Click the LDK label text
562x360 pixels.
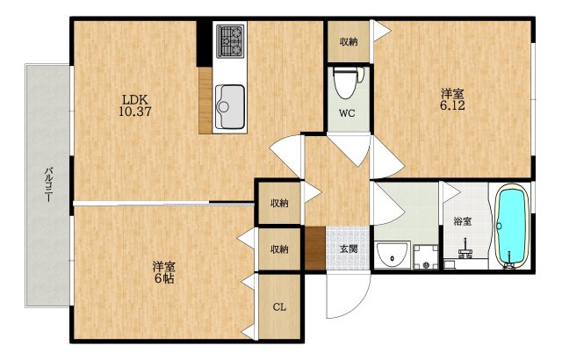(134, 99)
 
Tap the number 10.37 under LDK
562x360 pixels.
(135, 112)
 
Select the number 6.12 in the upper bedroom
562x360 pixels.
(452, 105)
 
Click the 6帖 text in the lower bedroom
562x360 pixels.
(164, 278)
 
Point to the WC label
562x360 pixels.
(347, 113)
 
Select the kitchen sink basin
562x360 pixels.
(230, 107)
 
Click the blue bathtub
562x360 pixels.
(513, 226)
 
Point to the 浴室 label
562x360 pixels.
(463, 221)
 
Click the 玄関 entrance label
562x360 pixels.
(348, 249)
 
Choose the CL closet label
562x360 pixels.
(279, 307)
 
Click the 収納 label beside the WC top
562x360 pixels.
(349, 42)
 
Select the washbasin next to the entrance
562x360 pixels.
(393, 255)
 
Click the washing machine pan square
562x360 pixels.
(426, 257)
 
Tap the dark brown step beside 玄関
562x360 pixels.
(314, 248)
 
